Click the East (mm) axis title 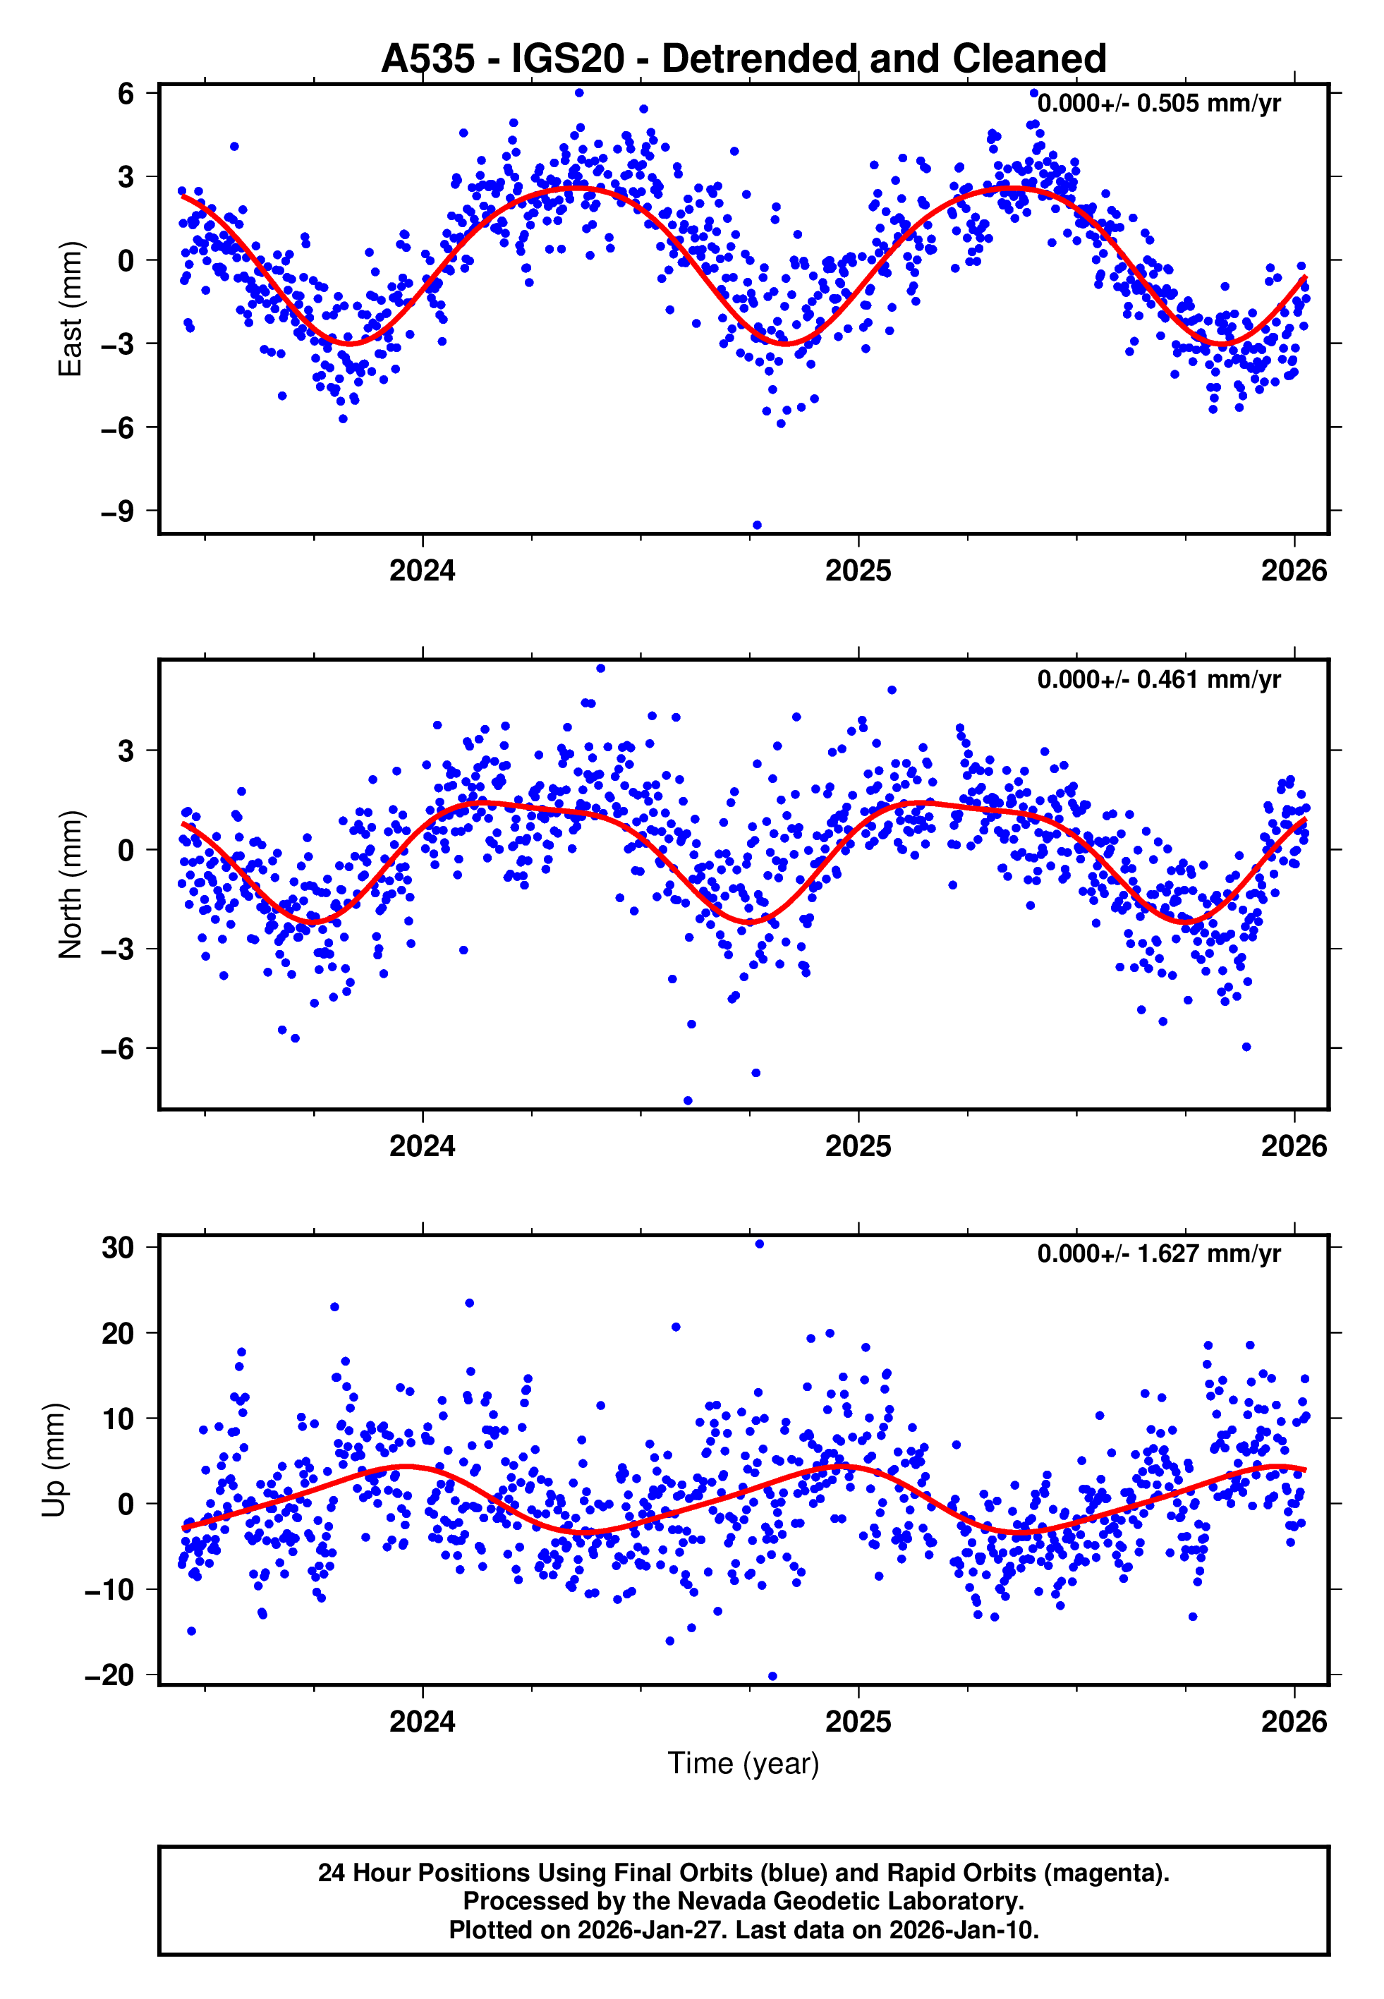pos(69,309)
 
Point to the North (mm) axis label pos(69,885)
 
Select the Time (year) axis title pos(743,1763)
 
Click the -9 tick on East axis pos(118,511)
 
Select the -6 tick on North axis pos(118,1048)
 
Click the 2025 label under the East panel pos(858,571)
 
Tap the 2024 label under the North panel pos(423,1146)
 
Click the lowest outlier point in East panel pos(757,525)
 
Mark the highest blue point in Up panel pos(760,1244)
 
